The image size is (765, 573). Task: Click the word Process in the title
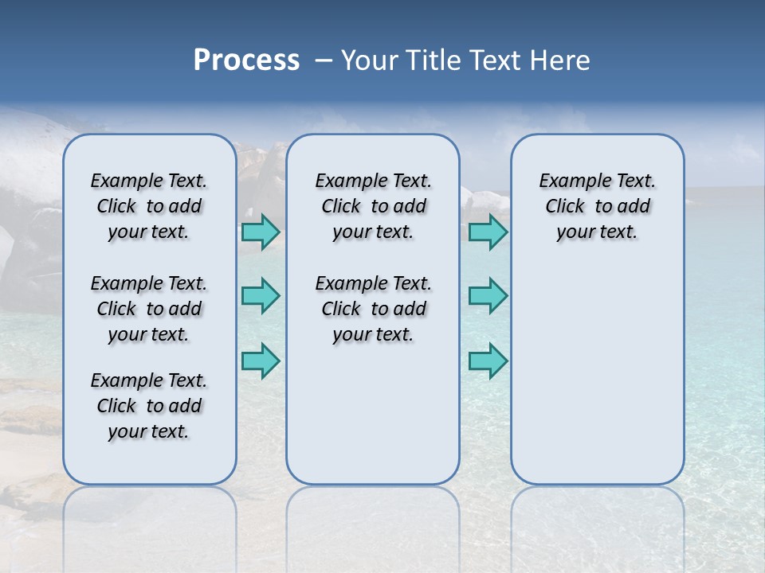coord(246,60)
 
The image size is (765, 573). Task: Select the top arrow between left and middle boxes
coord(261,232)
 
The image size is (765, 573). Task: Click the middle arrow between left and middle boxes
coord(261,296)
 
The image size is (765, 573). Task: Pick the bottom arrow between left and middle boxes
coord(261,361)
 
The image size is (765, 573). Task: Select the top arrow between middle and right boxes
coord(488,232)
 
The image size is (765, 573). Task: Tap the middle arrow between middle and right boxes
coord(488,296)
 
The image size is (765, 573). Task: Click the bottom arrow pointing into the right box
coord(488,361)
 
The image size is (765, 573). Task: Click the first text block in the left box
coord(149,206)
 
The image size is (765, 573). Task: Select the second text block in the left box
coord(149,309)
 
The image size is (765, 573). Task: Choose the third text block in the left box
coord(149,406)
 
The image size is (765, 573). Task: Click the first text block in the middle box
coord(373,206)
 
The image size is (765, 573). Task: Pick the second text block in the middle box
coord(373,309)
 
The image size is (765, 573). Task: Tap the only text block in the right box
coord(597,206)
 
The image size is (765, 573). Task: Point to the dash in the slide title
coord(324,61)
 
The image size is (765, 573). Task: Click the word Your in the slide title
coord(371,60)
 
